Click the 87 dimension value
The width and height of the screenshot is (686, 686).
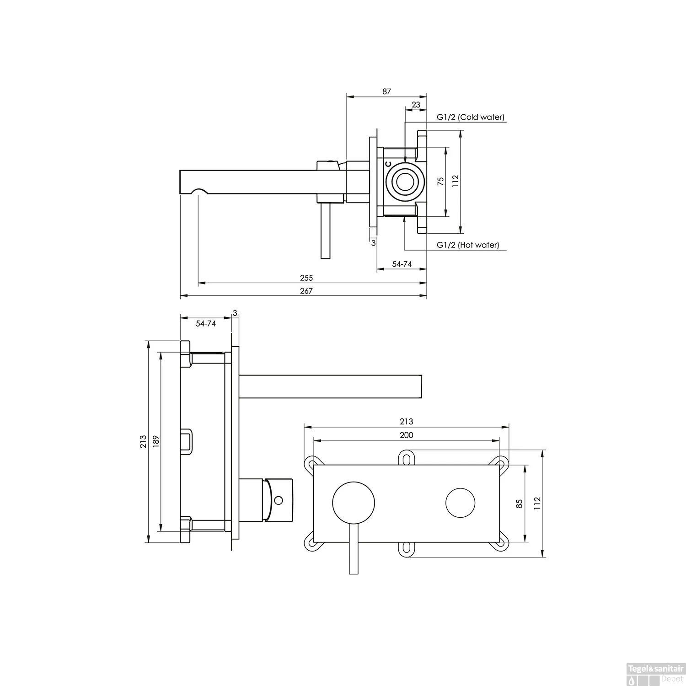coord(387,91)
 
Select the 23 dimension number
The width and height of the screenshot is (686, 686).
coord(416,105)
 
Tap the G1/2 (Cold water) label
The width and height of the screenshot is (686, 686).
coord(470,117)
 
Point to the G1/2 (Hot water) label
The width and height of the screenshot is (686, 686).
coord(467,245)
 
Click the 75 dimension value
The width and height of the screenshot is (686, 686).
coord(441,181)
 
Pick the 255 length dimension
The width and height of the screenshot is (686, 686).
coord(306,278)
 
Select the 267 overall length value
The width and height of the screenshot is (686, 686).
coord(306,291)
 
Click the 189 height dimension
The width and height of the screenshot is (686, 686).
coord(156,441)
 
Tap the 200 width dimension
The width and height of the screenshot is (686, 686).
coord(406,435)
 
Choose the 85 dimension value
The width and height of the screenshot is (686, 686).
coord(519,504)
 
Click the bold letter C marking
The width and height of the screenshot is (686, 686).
coord(388,164)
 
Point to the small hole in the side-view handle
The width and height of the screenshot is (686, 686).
coord(278,500)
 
